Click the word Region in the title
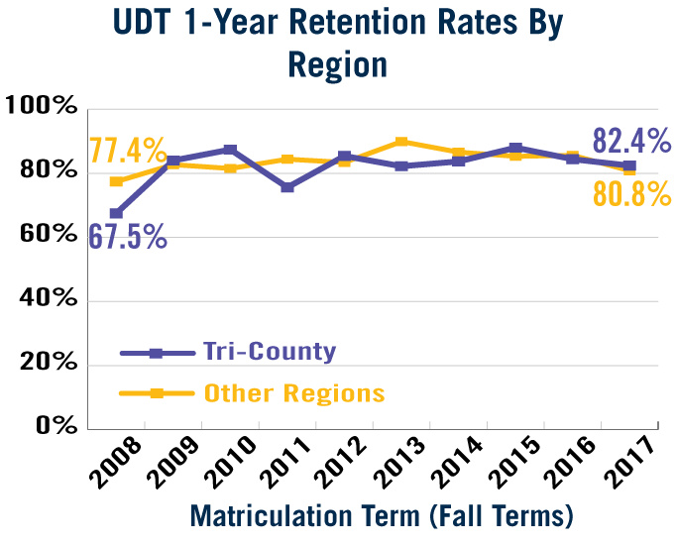coord(337,64)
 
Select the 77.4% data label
coord(128,151)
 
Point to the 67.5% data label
coord(128,237)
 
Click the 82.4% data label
coord(632,142)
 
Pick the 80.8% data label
coord(632,194)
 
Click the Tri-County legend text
coord(270,352)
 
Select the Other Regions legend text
coord(294,393)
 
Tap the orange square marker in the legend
coord(156,393)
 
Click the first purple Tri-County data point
coord(116,213)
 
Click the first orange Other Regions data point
coord(116,182)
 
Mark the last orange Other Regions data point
coord(629,170)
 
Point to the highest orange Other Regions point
coord(401,142)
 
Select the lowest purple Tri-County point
coord(116,213)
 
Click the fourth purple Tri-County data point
coord(287,187)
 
